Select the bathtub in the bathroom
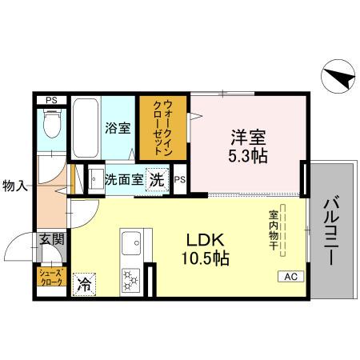[85, 130]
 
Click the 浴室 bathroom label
[119, 127]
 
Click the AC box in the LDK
[290, 277]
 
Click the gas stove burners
[130, 281]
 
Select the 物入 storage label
[14, 186]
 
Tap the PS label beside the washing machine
[180, 179]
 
